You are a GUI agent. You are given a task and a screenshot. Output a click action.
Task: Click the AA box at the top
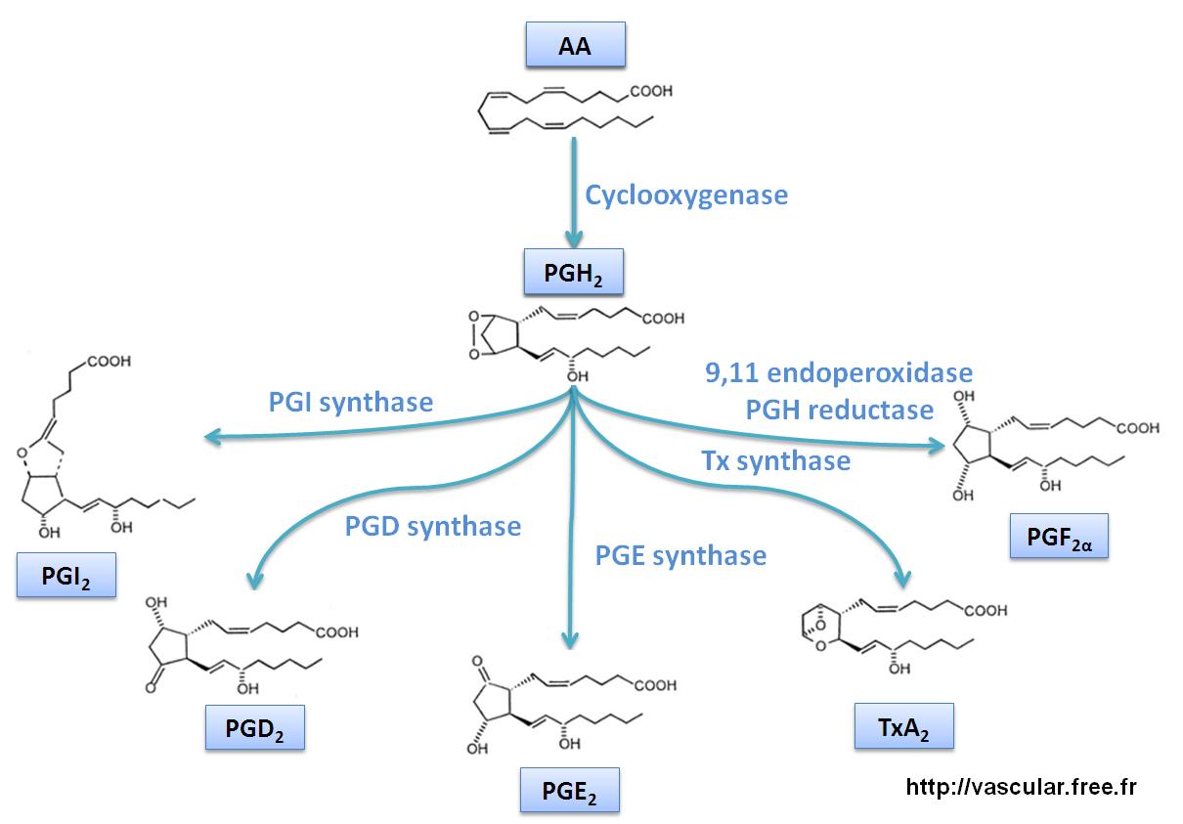574,45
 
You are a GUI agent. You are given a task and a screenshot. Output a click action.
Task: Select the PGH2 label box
574,274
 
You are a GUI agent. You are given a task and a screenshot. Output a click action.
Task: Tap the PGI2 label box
66,575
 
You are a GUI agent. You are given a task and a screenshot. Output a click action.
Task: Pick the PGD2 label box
254,727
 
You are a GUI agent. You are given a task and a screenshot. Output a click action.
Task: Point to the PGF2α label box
1059,535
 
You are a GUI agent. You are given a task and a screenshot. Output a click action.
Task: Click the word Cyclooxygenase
686,195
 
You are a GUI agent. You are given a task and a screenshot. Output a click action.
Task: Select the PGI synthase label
350,401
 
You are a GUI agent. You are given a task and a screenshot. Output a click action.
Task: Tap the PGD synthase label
433,526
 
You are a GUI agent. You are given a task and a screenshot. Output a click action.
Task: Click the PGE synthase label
681,556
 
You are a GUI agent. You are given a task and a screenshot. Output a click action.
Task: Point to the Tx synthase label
775,460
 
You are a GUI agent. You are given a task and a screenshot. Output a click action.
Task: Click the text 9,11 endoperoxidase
839,372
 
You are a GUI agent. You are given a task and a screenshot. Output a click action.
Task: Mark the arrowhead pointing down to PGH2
573,239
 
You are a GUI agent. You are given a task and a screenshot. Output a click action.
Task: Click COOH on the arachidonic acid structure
648,92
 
